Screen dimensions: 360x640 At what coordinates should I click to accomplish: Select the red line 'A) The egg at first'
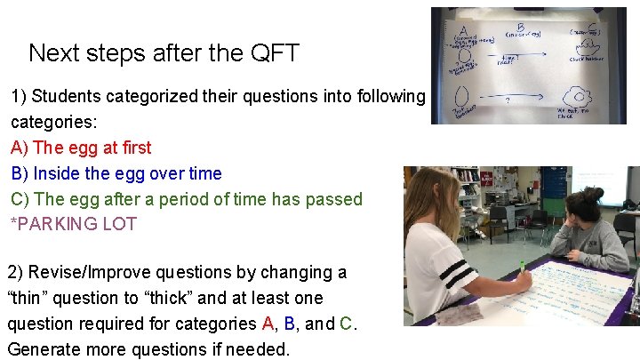click(81, 148)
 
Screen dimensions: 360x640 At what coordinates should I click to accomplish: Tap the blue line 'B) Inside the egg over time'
click(116, 173)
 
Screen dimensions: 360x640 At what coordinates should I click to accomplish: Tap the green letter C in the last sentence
click(348, 324)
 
